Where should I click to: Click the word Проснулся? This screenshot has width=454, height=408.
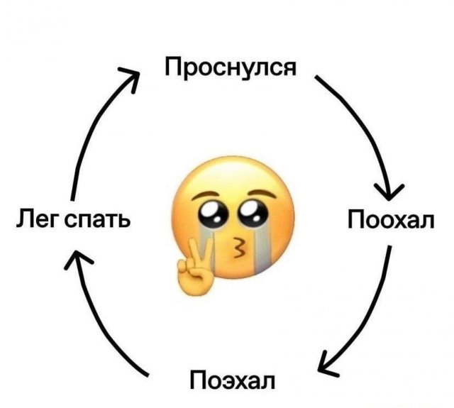click(x=231, y=67)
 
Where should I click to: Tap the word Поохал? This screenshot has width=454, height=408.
click(x=391, y=219)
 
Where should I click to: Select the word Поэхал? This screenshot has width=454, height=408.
click(x=233, y=380)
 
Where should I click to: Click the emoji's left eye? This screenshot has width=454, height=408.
click(x=211, y=214)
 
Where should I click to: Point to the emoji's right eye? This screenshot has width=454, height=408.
click(x=252, y=213)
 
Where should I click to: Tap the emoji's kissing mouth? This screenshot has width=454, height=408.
click(x=238, y=248)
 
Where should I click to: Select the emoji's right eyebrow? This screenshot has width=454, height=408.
click(x=262, y=194)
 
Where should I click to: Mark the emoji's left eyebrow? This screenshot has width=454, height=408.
click(x=204, y=197)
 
